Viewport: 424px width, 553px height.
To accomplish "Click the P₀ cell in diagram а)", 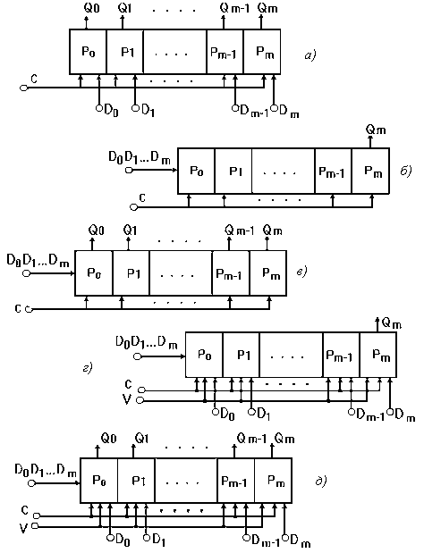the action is (x=88, y=52).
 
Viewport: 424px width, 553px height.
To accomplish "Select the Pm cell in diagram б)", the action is (x=370, y=171).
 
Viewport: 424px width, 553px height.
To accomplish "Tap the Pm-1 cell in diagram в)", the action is (x=231, y=273).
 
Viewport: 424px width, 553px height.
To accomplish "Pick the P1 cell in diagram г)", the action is (x=242, y=355).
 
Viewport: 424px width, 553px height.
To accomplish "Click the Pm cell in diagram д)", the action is (x=273, y=481).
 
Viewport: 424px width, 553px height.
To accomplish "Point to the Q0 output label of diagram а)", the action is (x=92, y=8).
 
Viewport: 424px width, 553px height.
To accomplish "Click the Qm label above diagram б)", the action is (x=376, y=130).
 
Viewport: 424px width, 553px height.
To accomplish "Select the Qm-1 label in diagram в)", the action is (x=239, y=231).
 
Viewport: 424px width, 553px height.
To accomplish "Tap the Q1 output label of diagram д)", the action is (x=141, y=439).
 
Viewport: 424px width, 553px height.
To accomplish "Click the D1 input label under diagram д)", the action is (x=159, y=540).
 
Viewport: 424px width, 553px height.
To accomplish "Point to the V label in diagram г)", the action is (x=127, y=399).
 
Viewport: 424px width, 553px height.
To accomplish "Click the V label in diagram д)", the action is (x=23, y=528).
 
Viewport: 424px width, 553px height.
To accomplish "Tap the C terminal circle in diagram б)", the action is (x=133, y=207).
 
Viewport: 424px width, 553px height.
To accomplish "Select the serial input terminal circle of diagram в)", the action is (x=26, y=273).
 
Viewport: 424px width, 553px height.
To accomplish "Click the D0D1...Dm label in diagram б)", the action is (x=140, y=158).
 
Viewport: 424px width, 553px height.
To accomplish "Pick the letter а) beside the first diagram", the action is (x=310, y=55).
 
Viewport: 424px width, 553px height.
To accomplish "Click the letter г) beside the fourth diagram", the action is (x=87, y=369).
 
